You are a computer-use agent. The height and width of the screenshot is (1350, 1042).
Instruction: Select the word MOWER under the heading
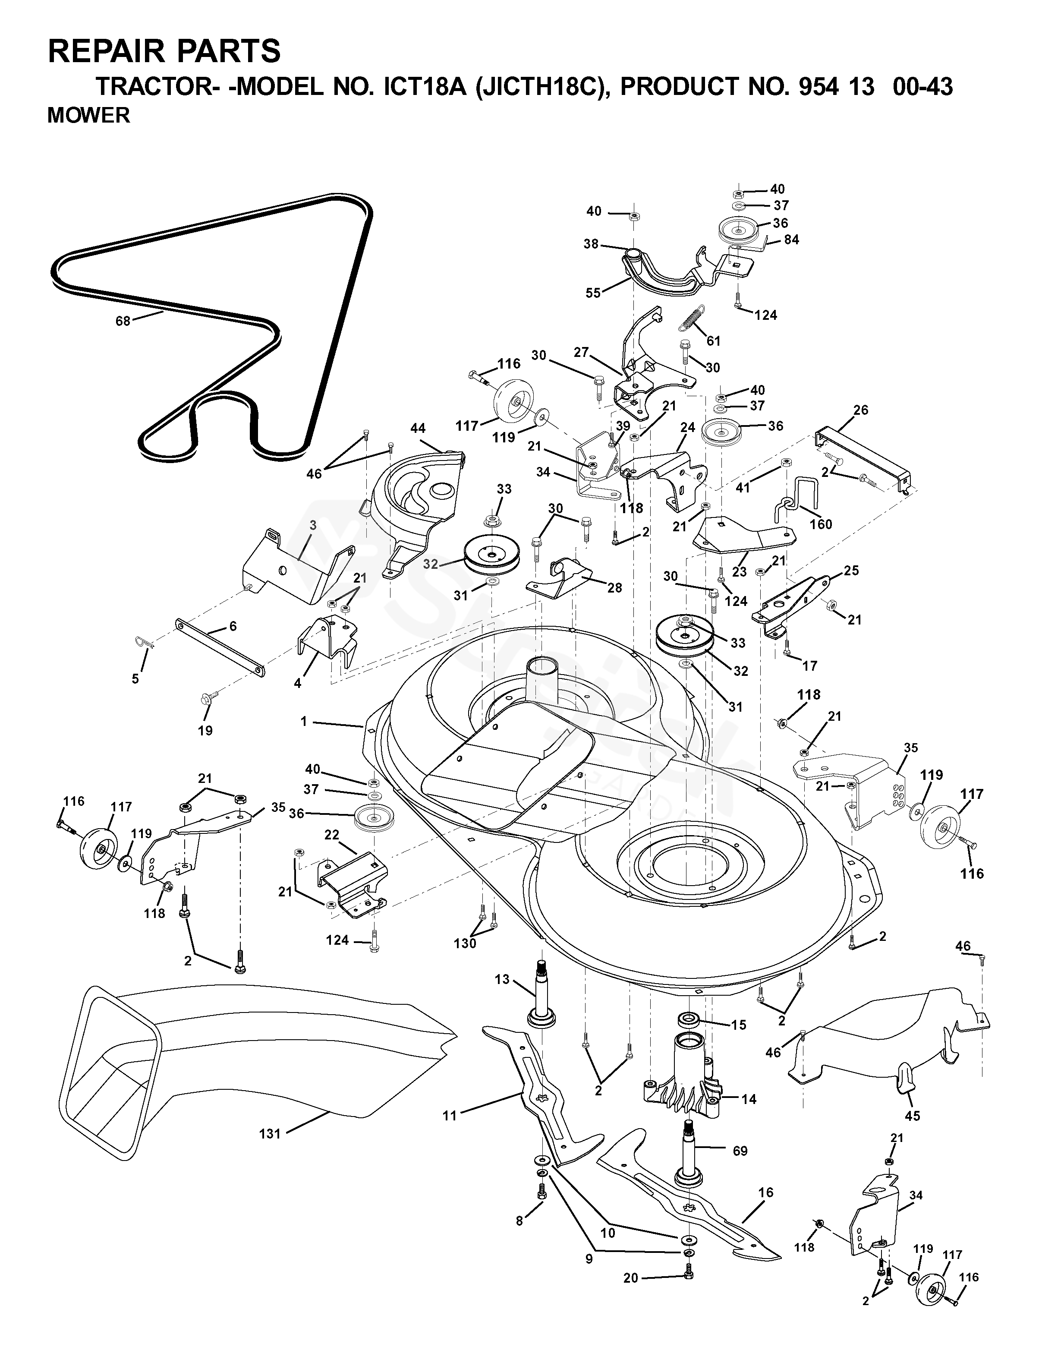pos(88,116)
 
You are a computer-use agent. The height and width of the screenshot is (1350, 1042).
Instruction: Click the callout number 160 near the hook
pos(821,524)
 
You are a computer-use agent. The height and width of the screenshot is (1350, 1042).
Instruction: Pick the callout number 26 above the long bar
pos(860,410)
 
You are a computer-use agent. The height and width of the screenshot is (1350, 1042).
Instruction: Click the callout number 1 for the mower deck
pos(303,721)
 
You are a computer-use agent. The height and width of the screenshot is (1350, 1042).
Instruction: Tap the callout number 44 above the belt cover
pos(418,429)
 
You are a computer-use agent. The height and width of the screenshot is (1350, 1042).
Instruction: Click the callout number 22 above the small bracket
pos(332,835)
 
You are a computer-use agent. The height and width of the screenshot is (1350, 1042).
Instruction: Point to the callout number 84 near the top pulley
pos(791,240)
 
